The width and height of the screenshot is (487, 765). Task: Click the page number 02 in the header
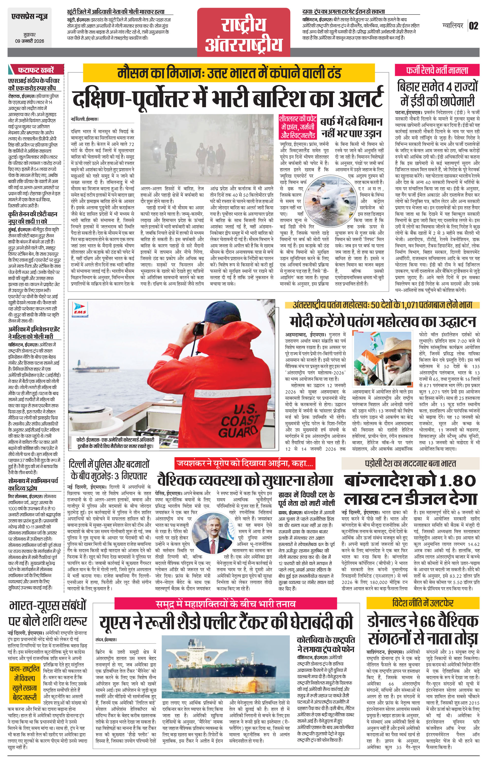click(473, 26)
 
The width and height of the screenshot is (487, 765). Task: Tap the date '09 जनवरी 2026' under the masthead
click(29, 41)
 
